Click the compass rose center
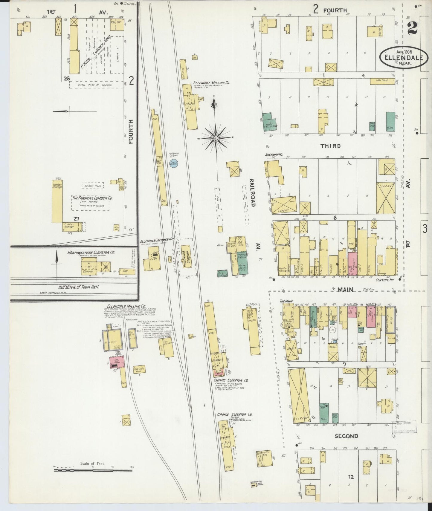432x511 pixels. [216, 138]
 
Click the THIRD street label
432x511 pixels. [330, 146]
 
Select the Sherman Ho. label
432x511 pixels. [274, 155]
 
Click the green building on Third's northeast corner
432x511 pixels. [390, 122]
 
